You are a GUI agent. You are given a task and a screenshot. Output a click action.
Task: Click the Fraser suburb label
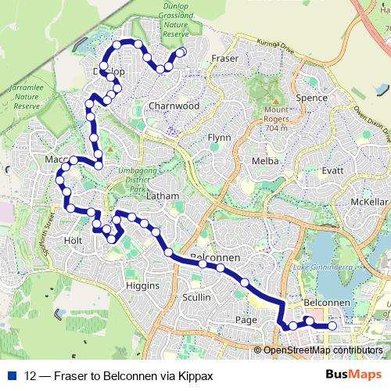tap(225, 59)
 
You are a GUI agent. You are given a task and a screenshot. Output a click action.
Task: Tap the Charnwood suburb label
tap(174, 106)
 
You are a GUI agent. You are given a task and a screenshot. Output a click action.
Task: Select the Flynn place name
tap(218, 137)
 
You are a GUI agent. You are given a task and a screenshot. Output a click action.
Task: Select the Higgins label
tap(142, 286)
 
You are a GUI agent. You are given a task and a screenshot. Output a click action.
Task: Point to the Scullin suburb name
tap(195, 298)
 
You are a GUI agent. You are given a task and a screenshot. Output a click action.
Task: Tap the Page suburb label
tap(245, 320)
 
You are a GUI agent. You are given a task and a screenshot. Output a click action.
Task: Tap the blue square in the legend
tap(13, 376)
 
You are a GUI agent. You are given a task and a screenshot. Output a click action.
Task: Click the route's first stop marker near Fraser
tap(181, 53)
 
